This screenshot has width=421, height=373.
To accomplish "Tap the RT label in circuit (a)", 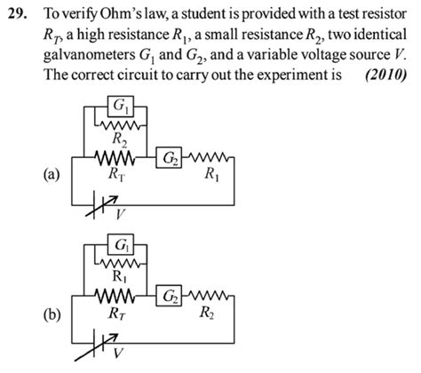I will coord(115,174).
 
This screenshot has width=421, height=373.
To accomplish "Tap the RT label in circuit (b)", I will coord(116,312).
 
